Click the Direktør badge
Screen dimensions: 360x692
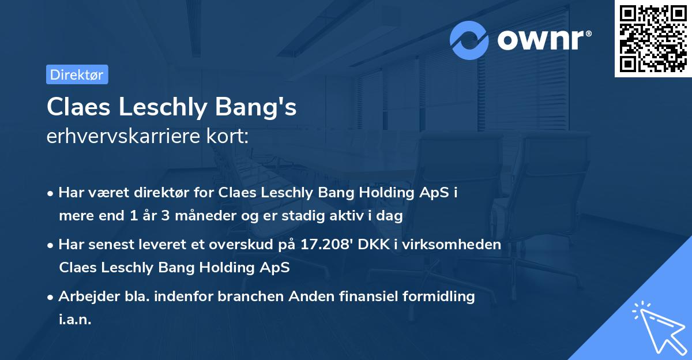click(77, 74)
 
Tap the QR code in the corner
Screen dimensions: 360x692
click(653, 38)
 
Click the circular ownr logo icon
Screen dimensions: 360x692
click(469, 40)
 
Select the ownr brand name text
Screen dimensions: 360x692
click(543, 40)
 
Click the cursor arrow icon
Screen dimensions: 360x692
click(657, 328)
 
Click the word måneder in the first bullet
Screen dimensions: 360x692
click(221, 216)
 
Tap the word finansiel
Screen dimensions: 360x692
click(341, 297)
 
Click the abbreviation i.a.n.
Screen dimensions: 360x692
click(75, 319)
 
